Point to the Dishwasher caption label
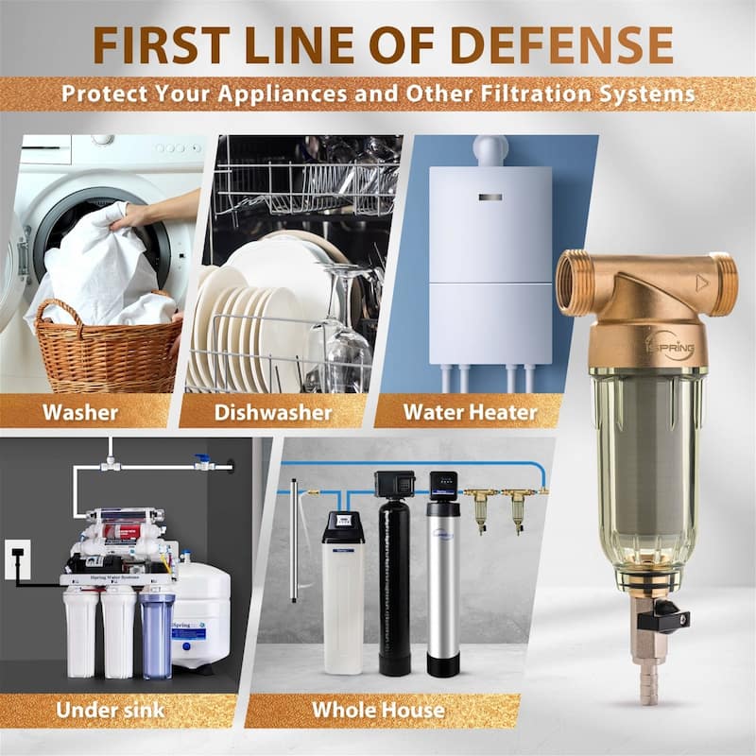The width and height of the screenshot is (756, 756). click(x=273, y=412)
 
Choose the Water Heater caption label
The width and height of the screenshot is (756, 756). click(x=470, y=412)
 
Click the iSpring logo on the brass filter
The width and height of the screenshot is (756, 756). click(x=670, y=349)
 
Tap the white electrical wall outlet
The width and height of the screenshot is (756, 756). click(x=16, y=558)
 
